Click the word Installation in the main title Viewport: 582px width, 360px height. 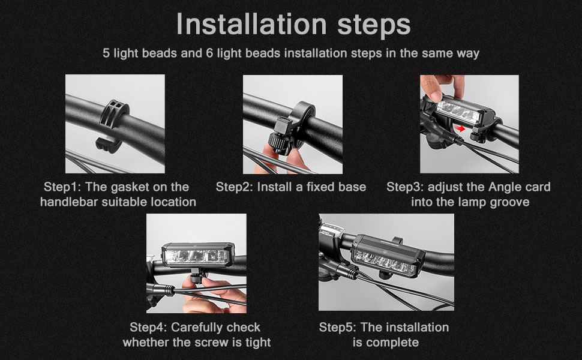tap(251, 24)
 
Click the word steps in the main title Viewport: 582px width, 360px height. tap(374, 26)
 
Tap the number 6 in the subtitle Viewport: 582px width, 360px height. tap(209, 53)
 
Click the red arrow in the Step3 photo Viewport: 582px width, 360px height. tap(460, 128)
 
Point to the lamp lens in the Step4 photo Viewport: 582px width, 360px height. tap(196, 256)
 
